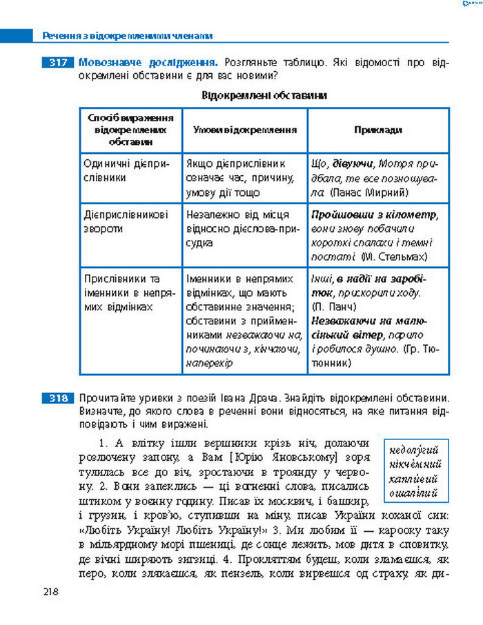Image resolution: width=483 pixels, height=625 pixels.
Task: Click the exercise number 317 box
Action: coord(57,63)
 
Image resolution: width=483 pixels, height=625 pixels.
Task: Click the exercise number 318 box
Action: coord(57,398)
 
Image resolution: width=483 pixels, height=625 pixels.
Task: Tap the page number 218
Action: coord(50,591)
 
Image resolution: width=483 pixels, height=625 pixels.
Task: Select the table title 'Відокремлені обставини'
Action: coord(264,95)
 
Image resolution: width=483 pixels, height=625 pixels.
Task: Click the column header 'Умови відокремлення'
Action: coord(245,130)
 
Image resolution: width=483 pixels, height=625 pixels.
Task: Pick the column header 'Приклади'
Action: coord(377,130)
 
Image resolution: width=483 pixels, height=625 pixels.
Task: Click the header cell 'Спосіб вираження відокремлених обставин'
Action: coord(130,130)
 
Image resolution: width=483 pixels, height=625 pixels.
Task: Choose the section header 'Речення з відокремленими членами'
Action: coord(127,35)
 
